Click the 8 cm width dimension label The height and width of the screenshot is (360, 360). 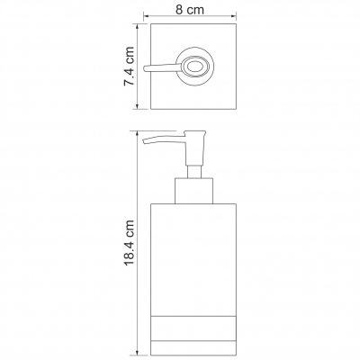(190, 10)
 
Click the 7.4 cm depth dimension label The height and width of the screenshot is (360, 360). (129, 67)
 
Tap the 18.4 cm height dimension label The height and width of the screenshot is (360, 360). (129, 242)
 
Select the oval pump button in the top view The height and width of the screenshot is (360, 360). (194, 66)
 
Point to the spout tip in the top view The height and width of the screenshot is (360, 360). (145, 68)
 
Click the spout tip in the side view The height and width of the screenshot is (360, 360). (144, 141)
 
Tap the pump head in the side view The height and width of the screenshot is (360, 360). (195, 148)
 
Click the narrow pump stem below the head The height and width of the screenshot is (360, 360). (194, 172)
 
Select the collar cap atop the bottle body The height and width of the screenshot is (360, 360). (193, 191)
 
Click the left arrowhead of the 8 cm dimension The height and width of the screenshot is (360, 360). (146, 16)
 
